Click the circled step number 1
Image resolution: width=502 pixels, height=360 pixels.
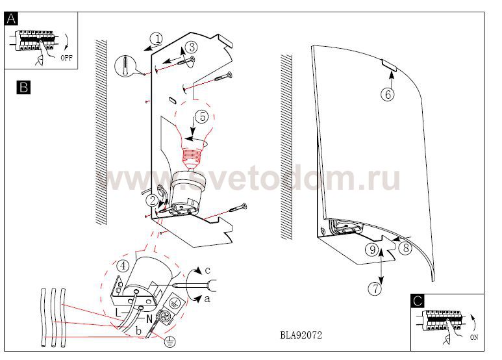click(157, 39)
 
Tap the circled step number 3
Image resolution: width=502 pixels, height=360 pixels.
click(192, 47)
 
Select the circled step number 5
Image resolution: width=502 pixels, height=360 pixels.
click(203, 117)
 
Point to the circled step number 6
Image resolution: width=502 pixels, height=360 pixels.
click(388, 94)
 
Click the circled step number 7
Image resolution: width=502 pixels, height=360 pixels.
click(375, 289)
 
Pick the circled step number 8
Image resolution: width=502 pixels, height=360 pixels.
click(406, 248)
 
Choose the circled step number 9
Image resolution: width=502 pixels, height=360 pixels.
click(372, 250)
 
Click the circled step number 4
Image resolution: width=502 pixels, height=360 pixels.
click(123, 266)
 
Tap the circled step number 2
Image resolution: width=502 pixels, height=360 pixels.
click(152, 201)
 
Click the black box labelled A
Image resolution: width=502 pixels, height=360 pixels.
click(11, 19)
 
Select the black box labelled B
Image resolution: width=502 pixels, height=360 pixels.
click(23, 88)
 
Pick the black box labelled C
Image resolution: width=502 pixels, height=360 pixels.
click(418, 301)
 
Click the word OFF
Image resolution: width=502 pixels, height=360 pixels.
click(67, 58)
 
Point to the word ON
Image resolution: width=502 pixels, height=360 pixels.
click(474, 337)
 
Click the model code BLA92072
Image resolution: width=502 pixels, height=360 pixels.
click(301, 335)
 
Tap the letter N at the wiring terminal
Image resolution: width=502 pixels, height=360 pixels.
click(149, 319)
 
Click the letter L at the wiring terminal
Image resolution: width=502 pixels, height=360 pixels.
click(118, 313)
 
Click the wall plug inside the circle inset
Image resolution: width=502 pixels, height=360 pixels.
click(125, 66)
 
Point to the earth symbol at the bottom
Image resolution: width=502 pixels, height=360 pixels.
click(169, 342)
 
